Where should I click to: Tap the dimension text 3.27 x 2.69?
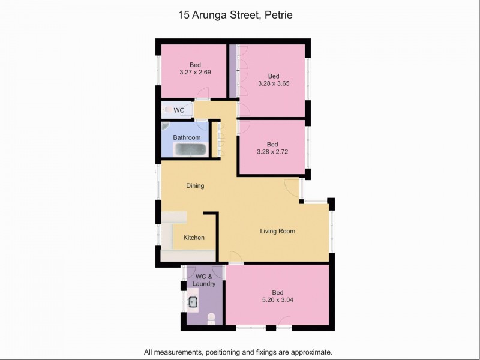[x=195, y=72]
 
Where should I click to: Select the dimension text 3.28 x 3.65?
[x=274, y=83]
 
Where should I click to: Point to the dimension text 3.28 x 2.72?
[x=272, y=152]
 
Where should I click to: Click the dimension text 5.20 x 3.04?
[x=277, y=300]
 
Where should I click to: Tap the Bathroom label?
[x=187, y=137]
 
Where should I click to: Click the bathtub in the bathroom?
[x=190, y=150]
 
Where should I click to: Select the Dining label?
[x=195, y=185]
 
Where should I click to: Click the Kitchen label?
[x=194, y=238]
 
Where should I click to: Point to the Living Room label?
[x=277, y=231]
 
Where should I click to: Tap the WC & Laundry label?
[x=203, y=280]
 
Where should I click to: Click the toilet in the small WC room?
[x=166, y=110]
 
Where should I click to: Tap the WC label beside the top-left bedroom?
[x=179, y=110]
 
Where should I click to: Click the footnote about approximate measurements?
[x=238, y=352]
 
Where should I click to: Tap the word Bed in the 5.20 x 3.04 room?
[x=277, y=292]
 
